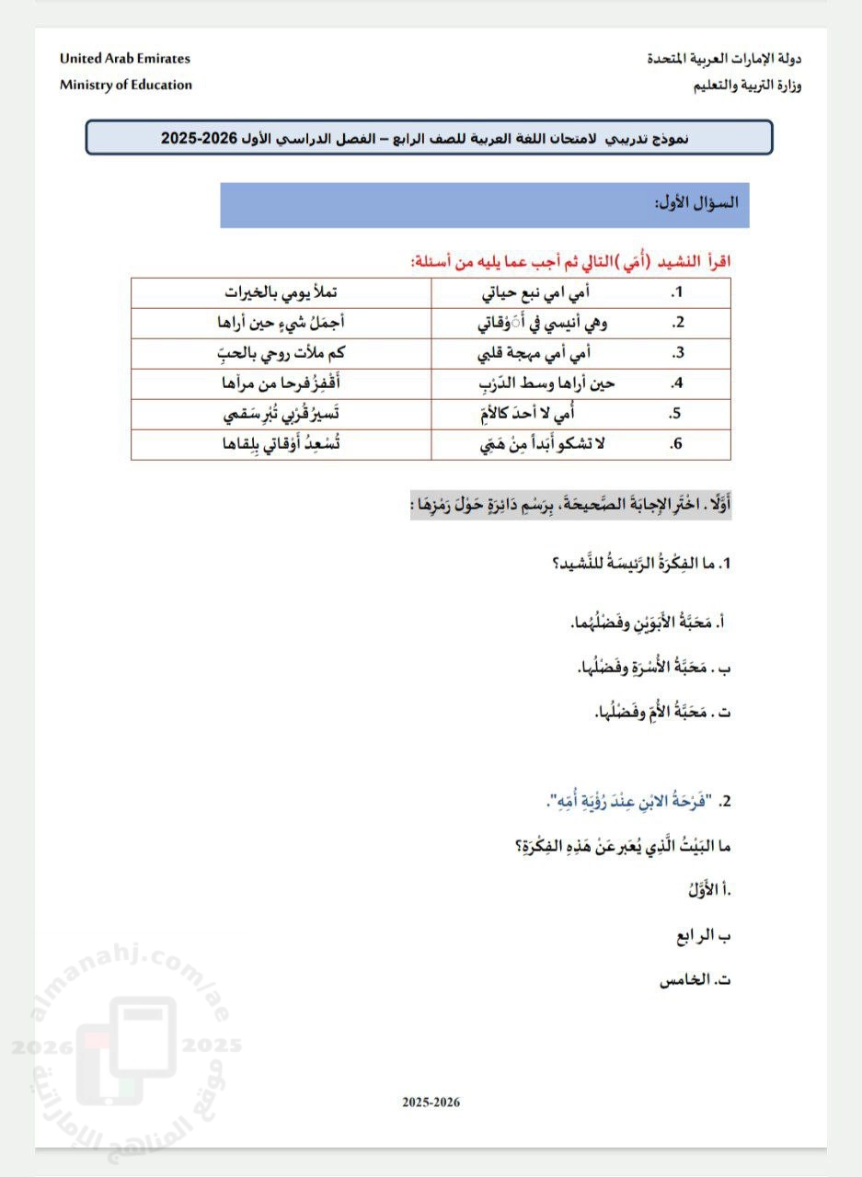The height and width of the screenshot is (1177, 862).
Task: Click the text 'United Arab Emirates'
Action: coord(125,58)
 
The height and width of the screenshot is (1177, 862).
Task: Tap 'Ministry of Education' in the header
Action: coord(126,85)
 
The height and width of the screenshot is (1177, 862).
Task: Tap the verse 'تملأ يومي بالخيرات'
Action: coord(281,292)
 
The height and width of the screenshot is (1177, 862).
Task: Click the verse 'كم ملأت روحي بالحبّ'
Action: coord(281,352)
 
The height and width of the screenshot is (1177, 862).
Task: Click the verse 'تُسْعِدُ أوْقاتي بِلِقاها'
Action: coord(281,443)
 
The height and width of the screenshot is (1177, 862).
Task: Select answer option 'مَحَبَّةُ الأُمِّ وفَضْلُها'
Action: coord(660,711)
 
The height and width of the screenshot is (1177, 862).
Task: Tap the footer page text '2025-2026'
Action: coord(431,1102)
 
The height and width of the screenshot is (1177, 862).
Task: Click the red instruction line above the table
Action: coord(571,261)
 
